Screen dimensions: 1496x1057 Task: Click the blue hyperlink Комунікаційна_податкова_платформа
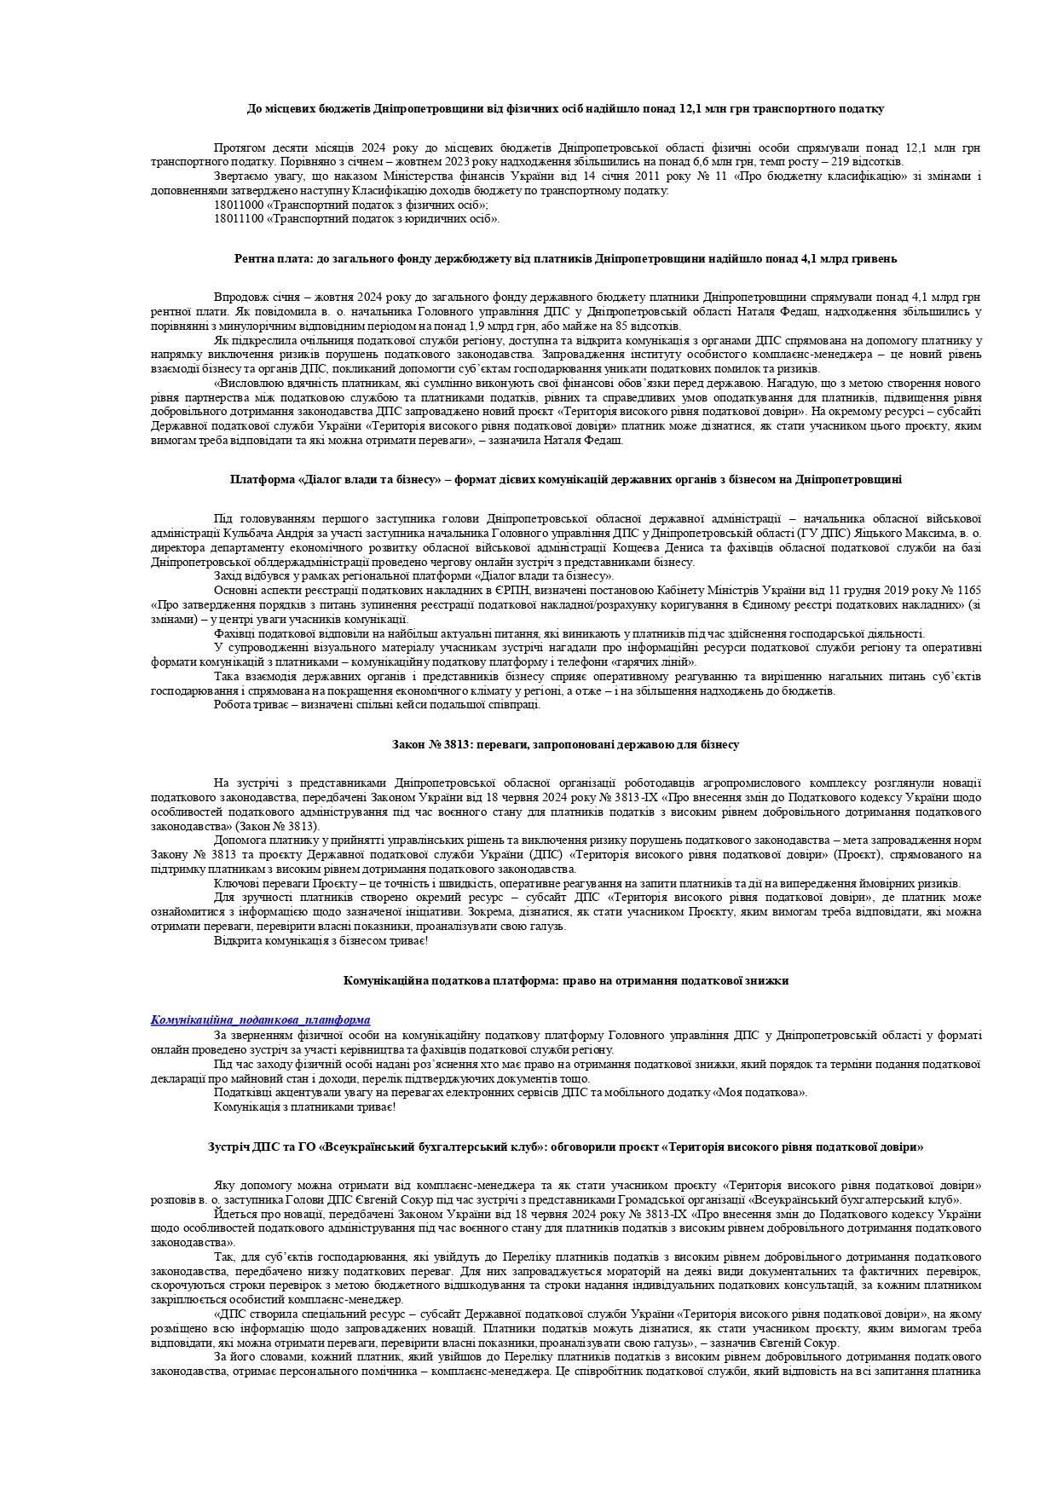coord(260,1019)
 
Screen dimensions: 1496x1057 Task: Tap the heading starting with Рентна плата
coord(565,258)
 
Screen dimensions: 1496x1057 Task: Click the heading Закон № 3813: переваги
coord(565,744)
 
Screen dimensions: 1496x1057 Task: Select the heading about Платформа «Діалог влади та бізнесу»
coord(565,479)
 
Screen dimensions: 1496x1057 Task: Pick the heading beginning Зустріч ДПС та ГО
coord(565,1147)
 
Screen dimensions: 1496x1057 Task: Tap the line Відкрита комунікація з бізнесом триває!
coord(321,940)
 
